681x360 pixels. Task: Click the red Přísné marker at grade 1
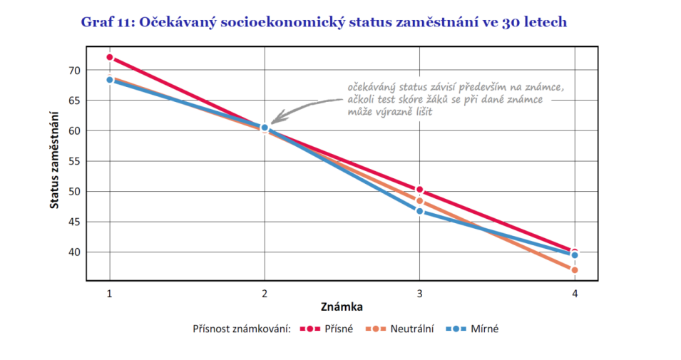coord(110,57)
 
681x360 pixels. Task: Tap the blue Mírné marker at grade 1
coord(110,80)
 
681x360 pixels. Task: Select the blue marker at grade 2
coord(265,128)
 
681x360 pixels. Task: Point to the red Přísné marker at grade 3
coord(419,190)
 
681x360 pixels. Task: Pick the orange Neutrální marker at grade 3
coord(419,201)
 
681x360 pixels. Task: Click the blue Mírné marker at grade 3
coord(419,211)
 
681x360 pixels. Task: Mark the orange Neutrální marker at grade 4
coord(574,269)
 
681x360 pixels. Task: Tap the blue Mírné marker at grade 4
coord(574,254)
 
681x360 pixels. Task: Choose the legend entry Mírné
coord(484,329)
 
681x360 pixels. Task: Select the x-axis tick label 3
coord(419,293)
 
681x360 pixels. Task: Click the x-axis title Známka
coord(342,307)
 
